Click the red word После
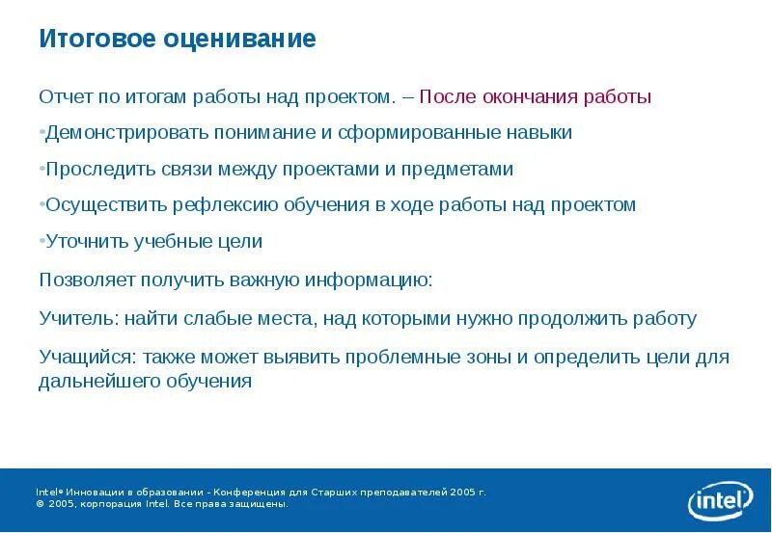(447, 97)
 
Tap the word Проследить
(94, 170)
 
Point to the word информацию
(370, 280)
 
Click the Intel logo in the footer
(719, 500)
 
